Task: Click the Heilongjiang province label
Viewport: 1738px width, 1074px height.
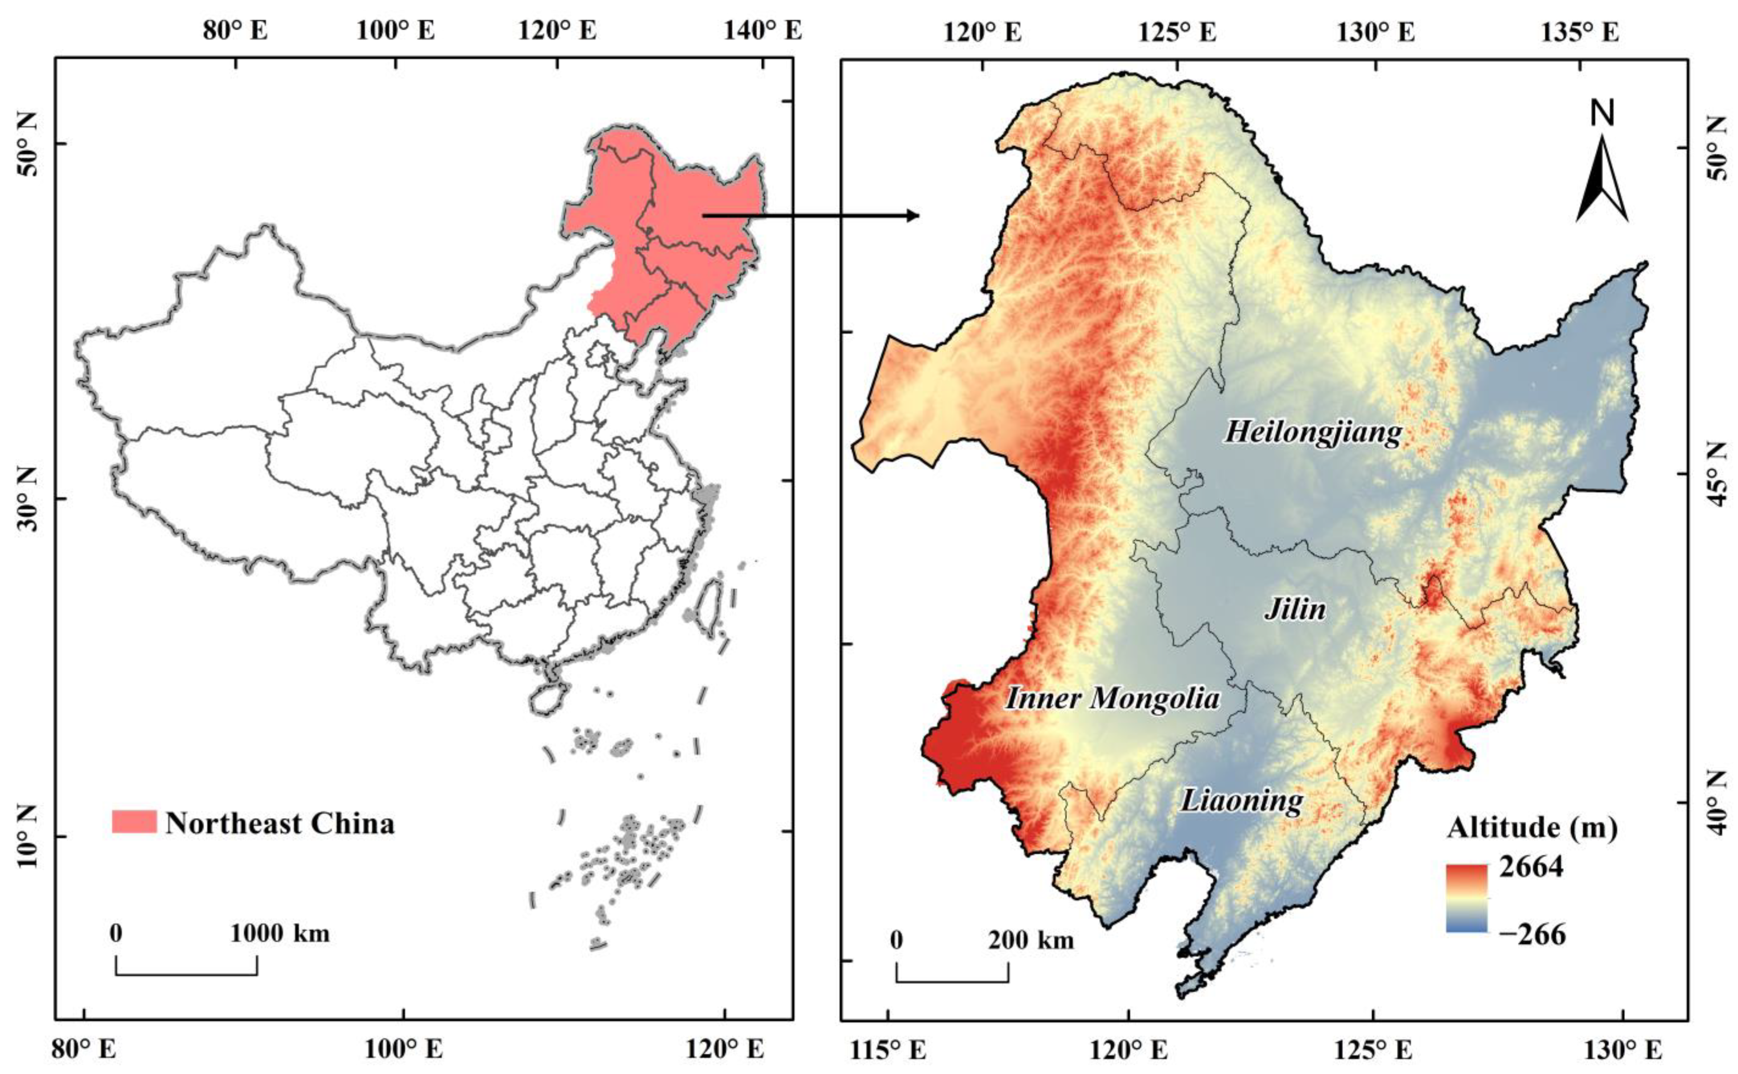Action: [x=1313, y=432]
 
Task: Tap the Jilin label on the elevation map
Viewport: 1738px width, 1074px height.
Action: [x=1295, y=609]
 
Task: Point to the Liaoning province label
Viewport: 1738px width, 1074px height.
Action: [x=1242, y=801]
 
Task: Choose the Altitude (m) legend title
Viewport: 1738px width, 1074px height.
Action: [x=1532, y=828]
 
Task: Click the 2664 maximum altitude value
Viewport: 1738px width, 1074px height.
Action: [x=1531, y=867]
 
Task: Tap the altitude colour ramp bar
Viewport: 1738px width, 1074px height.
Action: [x=1466, y=897]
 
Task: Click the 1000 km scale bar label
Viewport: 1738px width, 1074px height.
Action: [x=280, y=933]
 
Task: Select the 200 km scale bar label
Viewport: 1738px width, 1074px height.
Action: [x=1031, y=941]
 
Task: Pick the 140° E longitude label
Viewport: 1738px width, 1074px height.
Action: [x=763, y=31]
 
